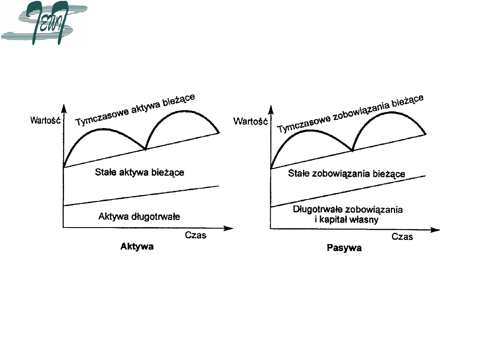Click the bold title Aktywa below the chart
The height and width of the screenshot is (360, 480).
[x=137, y=247]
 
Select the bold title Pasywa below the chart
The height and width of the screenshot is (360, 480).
[x=344, y=248]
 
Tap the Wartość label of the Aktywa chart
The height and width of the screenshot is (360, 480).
[x=45, y=120]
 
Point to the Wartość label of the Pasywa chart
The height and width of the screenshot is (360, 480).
[x=250, y=120]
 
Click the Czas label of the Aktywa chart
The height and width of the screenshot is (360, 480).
[x=196, y=235]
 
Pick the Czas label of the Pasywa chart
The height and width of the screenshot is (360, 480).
[x=402, y=236]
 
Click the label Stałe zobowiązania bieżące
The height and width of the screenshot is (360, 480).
[x=347, y=173]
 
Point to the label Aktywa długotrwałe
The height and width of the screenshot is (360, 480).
[x=139, y=217]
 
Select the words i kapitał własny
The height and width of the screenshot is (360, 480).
[x=348, y=220]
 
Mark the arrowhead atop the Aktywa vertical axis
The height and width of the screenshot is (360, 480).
[x=64, y=108]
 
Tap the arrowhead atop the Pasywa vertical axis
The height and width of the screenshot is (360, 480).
[x=271, y=108]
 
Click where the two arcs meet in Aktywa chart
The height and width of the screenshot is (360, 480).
[x=145, y=149]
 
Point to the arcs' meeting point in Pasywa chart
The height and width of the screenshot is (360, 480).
[x=352, y=151]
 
